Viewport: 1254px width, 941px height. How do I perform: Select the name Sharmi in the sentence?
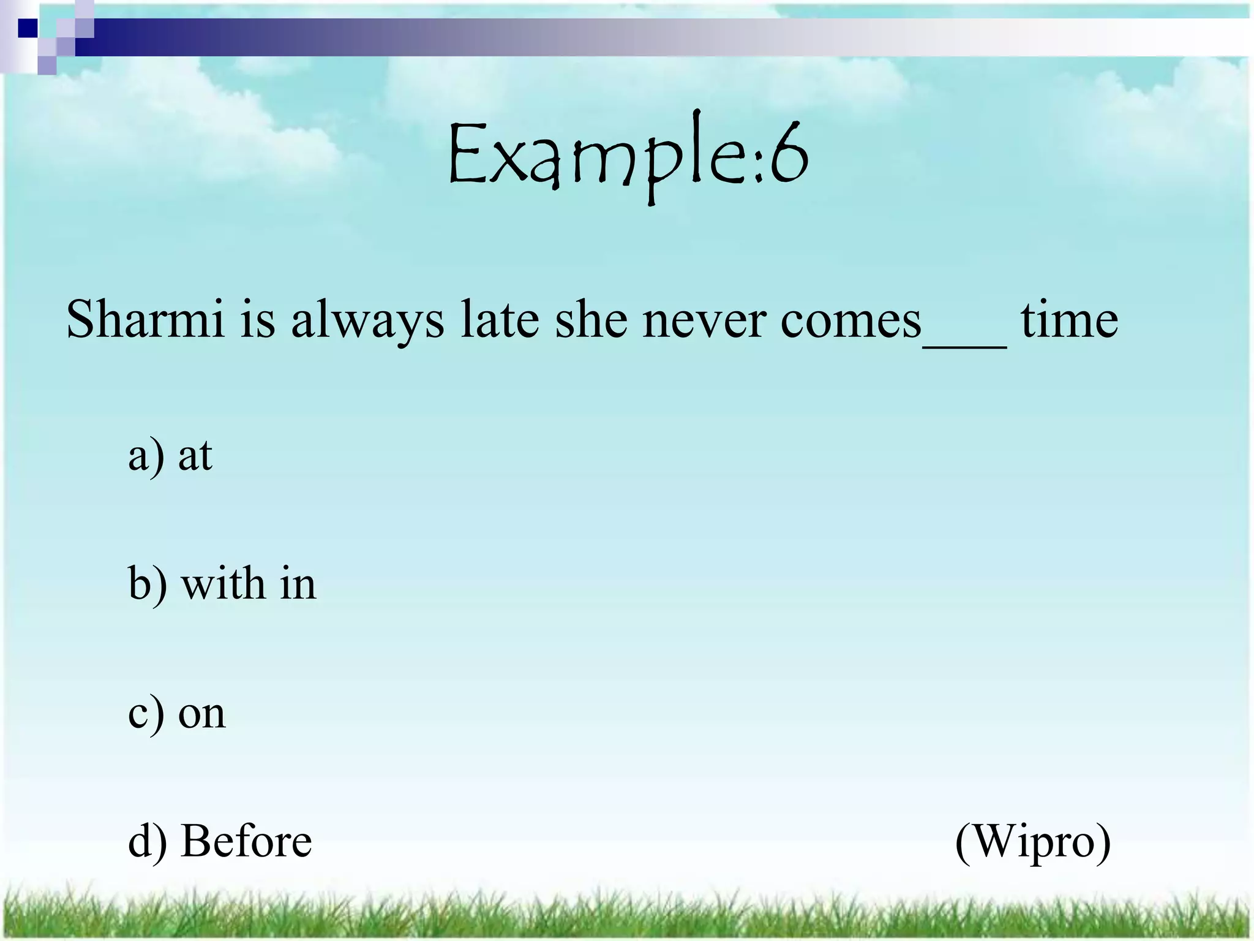coord(145,320)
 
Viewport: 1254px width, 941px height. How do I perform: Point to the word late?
coord(499,320)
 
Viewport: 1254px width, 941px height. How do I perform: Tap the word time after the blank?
coord(1069,320)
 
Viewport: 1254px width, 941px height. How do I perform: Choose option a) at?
coord(170,456)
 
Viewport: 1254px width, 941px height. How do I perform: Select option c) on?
coord(176,714)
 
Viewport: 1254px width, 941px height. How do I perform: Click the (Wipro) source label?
coord(1033,843)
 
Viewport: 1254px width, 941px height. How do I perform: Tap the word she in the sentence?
coord(591,320)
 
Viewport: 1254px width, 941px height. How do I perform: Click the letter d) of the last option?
coord(147,842)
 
